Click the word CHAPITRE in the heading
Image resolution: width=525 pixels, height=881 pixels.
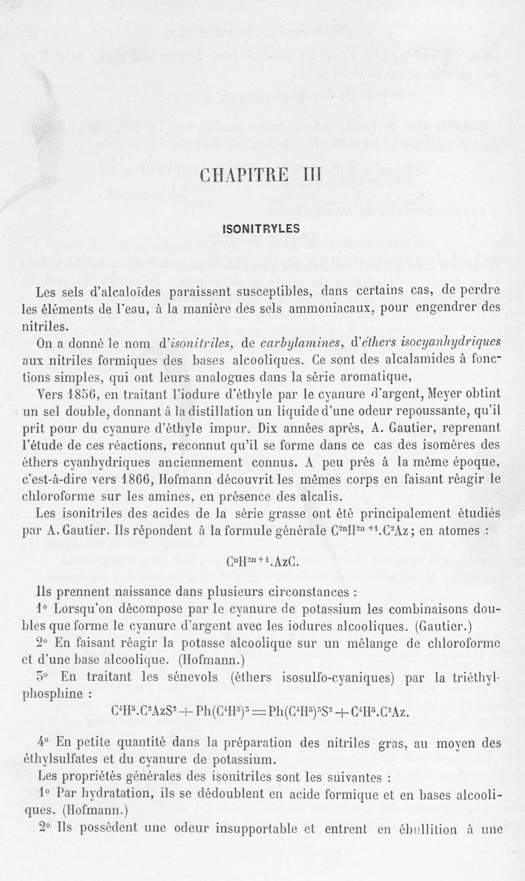click(245, 177)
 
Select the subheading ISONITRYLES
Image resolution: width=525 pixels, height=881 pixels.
click(261, 229)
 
